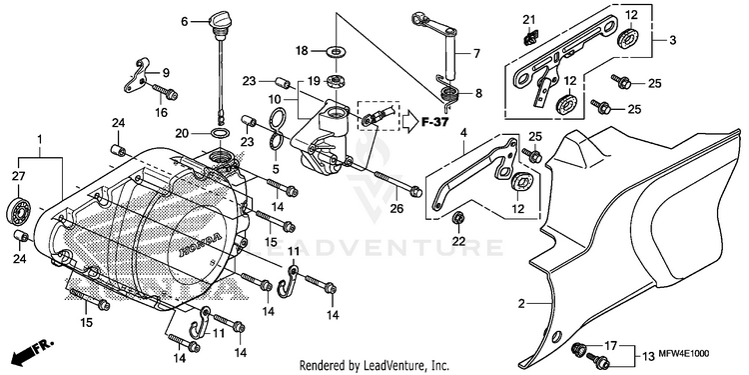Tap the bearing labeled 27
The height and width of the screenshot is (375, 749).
[x=19, y=209]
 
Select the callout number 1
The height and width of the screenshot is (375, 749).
[x=40, y=139]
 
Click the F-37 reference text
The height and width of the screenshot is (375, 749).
[x=434, y=122]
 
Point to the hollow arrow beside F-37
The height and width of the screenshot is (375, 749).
[x=409, y=122]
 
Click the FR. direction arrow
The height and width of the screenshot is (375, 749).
[x=33, y=352]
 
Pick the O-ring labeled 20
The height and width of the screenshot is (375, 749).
[x=220, y=133]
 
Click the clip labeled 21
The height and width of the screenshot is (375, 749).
[x=530, y=37]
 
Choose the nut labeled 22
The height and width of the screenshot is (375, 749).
[x=458, y=219]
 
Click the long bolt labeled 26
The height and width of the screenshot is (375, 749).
[x=397, y=182]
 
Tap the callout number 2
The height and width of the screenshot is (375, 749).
[x=522, y=303]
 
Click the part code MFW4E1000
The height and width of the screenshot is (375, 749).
[x=685, y=353]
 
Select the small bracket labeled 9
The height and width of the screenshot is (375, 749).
[x=137, y=74]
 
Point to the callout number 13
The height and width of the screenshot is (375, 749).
[x=648, y=356]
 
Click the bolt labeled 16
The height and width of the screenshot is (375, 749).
[x=165, y=91]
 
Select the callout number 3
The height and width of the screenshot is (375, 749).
[x=672, y=41]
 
